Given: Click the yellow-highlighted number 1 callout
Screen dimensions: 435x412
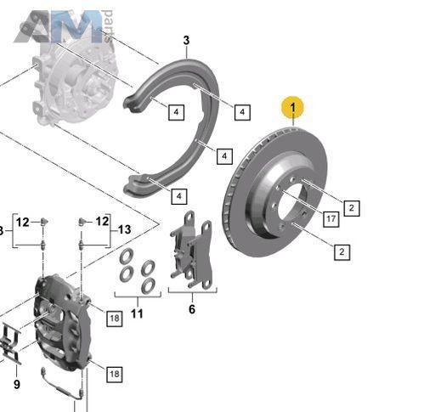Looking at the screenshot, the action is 292,108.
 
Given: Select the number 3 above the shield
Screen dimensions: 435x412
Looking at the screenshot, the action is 186,40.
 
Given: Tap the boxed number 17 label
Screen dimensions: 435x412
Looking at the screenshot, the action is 331,219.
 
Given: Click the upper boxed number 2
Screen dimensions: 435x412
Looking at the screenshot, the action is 352,208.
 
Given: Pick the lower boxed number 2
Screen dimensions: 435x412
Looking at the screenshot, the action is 342,251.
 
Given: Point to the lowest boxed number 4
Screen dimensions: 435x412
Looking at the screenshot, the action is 179,196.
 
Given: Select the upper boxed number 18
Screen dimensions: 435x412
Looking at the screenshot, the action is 115,319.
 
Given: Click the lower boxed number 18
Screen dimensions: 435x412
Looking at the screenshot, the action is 115,374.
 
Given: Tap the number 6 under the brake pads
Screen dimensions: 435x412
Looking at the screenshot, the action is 192,309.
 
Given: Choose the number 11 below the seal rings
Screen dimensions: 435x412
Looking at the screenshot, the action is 137,313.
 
